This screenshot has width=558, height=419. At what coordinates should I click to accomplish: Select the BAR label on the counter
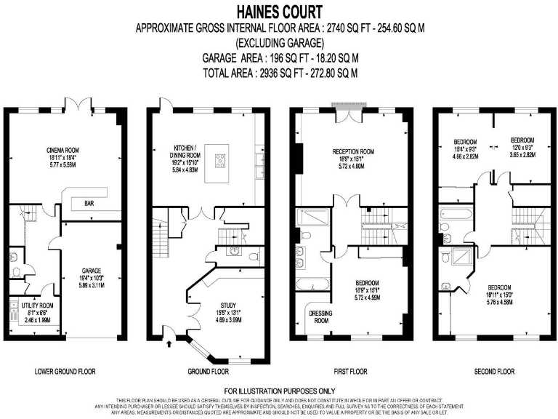[91, 203]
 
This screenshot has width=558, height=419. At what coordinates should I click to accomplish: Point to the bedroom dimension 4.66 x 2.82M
[465, 156]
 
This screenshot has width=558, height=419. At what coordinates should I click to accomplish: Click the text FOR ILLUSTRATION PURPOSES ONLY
[279, 391]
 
